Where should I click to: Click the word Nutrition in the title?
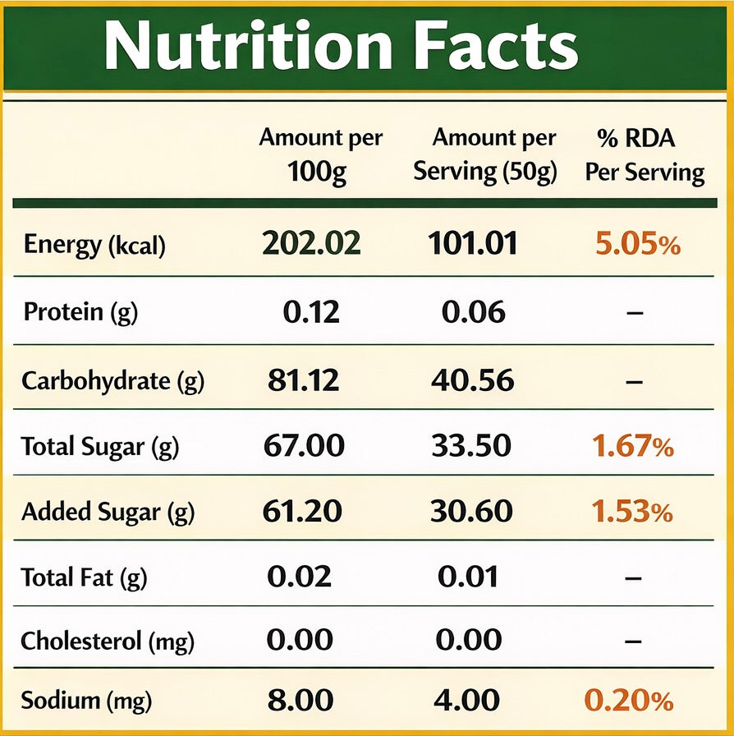(x=248, y=46)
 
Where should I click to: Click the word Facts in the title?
(x=496, y=46)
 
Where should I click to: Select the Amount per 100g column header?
(x=320, y=155)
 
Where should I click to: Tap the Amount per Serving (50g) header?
(x=486, y=155)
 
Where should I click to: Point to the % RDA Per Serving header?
(x=645, y=156)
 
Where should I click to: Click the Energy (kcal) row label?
(x=94, y=245)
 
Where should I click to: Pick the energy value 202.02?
(x=311, y=243)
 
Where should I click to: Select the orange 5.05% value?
(x=638, y=244)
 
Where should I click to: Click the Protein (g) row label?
(x=80, y=312)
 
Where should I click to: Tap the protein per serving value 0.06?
(x=474, y=311)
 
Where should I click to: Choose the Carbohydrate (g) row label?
(x=113, y=380)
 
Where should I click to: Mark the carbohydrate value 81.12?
(x=303, y=379)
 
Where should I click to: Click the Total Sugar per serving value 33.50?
(x=471, y=445)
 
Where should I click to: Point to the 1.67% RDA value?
(x=633, y=445)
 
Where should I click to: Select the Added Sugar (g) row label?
(x=108, y=512)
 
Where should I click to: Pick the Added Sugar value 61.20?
(x=302, y=511)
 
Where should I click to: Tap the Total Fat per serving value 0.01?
(x=468, y=577)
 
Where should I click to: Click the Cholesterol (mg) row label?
(x=108, y=642)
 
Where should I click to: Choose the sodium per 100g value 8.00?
(x=300, y=701)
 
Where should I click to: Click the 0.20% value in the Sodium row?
(x=629, y=701)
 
